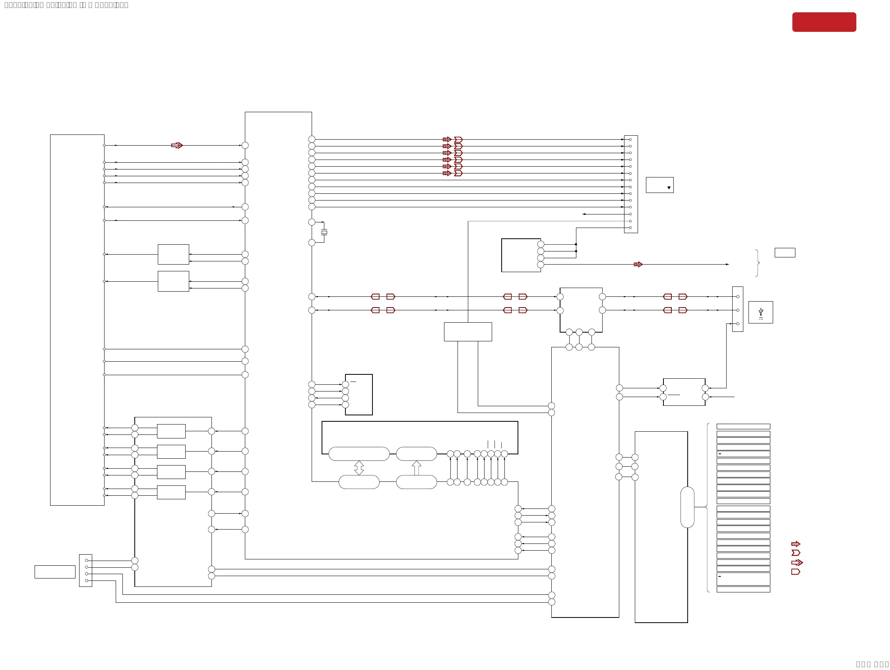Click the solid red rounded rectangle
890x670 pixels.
[824, 22]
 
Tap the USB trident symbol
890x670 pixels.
[760, 312]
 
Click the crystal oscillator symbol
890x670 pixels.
[324, 232]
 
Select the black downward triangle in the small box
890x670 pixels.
[669, 188]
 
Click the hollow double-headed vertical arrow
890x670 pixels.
[359, 468]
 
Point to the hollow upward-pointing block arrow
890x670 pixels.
[417, 468]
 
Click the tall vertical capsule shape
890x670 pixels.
[687, 507]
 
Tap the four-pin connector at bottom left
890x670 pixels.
[86, 570]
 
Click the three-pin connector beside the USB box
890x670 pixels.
[737, 309]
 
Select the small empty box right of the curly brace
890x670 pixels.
[785, 253]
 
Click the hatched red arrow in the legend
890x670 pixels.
[795, 544]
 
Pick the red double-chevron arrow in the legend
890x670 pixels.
[797, 563]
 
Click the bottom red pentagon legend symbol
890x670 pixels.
[795, 572]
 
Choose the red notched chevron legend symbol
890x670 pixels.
[795, 553]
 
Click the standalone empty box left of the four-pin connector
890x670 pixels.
[55, 572]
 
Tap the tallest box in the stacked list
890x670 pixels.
[743, 579]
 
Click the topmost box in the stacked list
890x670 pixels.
[743, 427]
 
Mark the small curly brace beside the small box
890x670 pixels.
[757, 263]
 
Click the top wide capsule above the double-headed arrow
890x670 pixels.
[359, 454]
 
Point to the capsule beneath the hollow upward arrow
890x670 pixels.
[417, 482]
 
